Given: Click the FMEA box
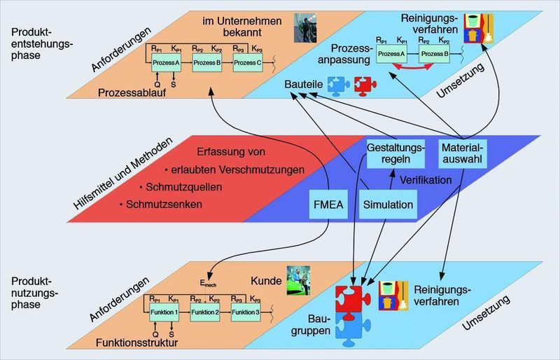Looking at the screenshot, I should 328,206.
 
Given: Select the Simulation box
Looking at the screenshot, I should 387,206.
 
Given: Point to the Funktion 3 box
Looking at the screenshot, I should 246,312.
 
